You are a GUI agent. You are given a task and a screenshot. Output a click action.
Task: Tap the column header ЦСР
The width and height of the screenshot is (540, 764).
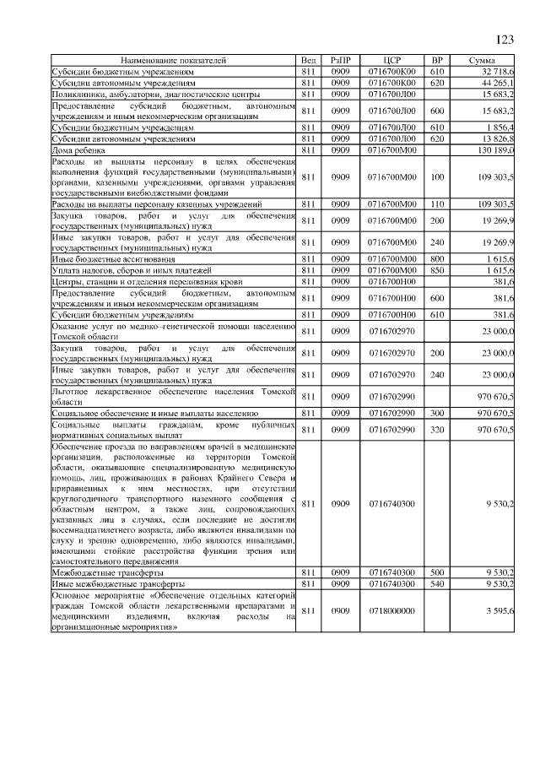point(390,62)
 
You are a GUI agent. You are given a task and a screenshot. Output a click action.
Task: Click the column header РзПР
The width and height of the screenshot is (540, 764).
point(341,62)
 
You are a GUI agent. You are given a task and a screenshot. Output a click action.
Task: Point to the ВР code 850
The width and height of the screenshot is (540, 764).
point(436,269)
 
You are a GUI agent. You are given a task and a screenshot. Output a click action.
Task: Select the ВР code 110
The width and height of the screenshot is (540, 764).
point(436,204)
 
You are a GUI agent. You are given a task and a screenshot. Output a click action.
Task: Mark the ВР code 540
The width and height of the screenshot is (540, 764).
point(436,582)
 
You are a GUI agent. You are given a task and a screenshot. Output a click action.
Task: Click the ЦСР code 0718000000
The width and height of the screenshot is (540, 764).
point(391,610)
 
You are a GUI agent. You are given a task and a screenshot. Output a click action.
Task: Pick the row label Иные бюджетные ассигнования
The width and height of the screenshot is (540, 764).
point(114,258)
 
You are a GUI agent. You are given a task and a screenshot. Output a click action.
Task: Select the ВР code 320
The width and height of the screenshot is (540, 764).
point(436,429)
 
